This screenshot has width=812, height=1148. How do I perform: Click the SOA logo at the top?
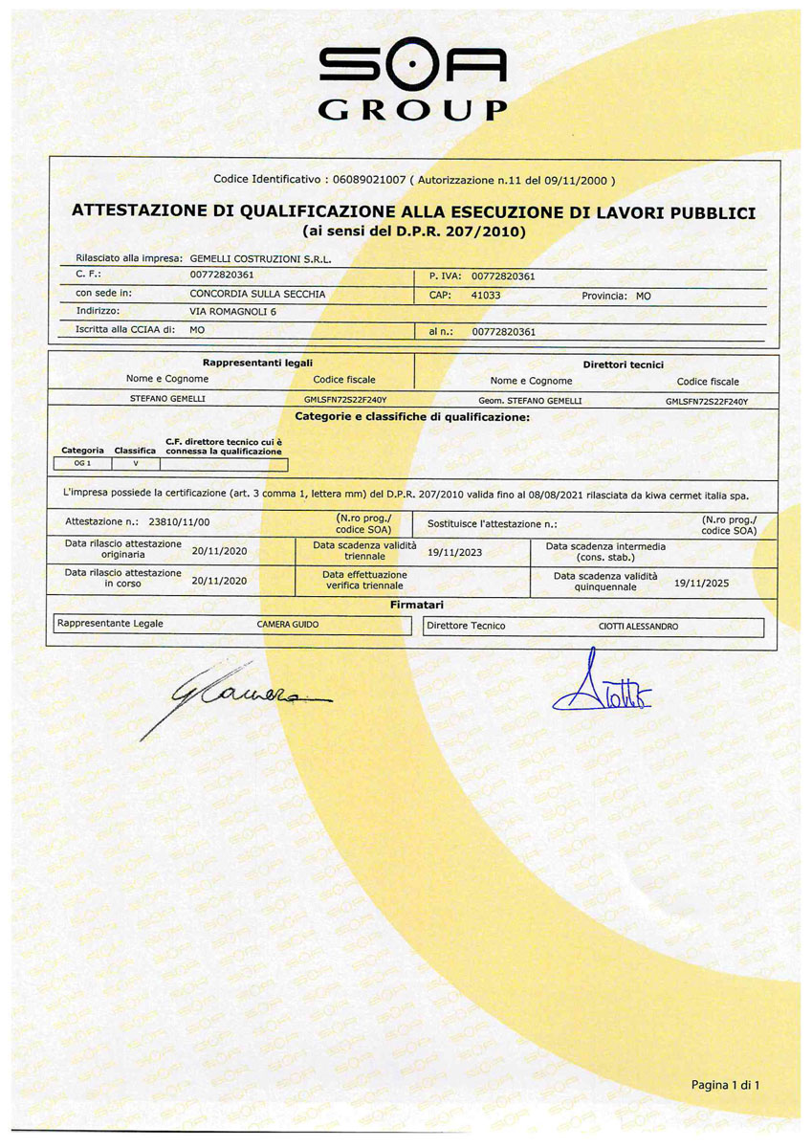[412, 66]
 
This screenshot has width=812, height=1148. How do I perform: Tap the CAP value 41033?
[486, 296]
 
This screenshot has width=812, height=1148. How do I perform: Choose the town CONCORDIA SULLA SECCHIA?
[257, 295]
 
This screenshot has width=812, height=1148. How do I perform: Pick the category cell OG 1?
[82, 464]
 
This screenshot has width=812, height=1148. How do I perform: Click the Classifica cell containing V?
[135, 464]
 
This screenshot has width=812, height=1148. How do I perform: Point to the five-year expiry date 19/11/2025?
[701, 582]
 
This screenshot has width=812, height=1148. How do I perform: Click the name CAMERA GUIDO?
[288, 625]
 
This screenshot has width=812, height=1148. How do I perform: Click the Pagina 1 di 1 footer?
[725, 1084]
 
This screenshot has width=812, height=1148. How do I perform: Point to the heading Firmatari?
[416, 605]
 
